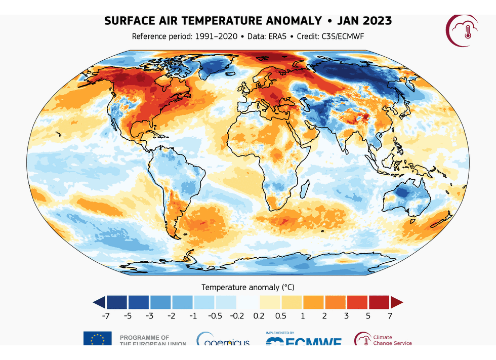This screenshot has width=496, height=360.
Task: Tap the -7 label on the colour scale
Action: pos(106,316)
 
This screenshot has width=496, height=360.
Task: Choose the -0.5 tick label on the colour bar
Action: pos(215,316)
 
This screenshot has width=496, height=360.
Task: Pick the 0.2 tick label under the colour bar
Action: pos(259,316)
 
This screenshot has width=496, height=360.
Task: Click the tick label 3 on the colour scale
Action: pos(346,316)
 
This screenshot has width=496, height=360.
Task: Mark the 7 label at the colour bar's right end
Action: pos(390,316)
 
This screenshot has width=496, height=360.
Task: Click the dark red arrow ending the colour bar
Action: pos(396,302)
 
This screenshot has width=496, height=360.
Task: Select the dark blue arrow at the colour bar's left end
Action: pos(99,302)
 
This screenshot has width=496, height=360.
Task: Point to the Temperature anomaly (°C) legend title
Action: pos(247,287)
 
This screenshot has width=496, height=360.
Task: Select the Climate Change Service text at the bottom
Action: pos(392,340)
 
